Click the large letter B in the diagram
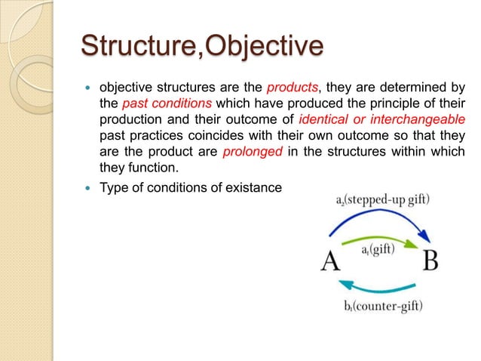click(x=430, y=261)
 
